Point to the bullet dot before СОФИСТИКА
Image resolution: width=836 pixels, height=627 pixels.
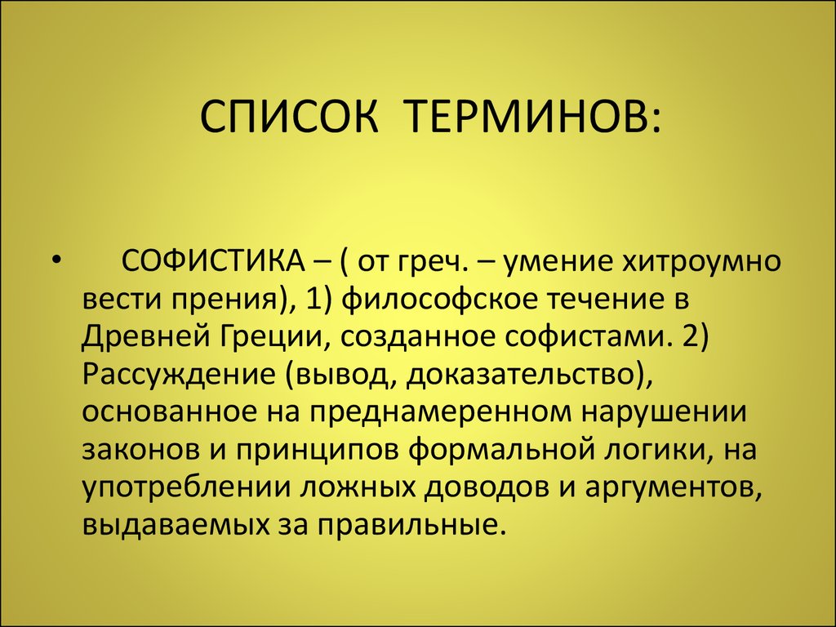point(56,261)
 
